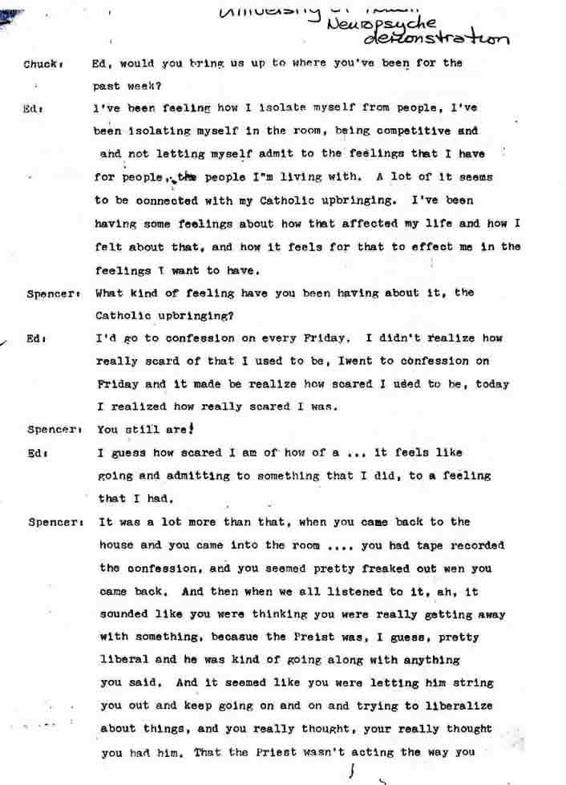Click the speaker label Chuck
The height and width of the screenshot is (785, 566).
click(38, 63)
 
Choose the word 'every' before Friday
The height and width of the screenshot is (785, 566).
click(298, 338)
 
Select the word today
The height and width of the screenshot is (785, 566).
click(491, 384)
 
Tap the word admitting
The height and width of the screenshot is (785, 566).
click(179, 475)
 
